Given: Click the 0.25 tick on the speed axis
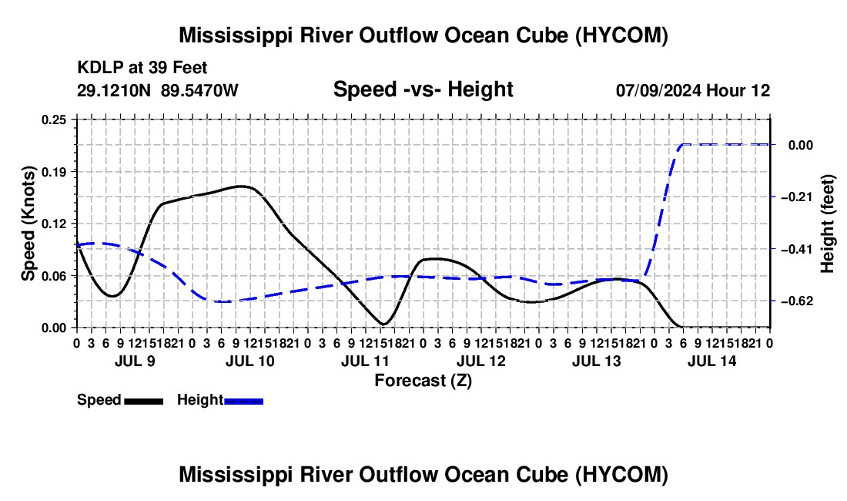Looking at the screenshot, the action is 53,119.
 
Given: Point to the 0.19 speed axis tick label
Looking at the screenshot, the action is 53,172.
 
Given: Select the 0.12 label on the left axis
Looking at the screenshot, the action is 53,224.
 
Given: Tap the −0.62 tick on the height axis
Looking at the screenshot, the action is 797,301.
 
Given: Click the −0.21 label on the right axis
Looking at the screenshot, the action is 797,197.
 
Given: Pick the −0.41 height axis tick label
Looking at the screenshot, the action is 797,249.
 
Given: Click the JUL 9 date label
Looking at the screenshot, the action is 135,361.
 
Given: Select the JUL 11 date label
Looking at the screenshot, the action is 365,361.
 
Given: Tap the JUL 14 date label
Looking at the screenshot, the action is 712,361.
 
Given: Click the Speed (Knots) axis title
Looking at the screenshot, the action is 28,224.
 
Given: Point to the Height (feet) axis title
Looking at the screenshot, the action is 828,224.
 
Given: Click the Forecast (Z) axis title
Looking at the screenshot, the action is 423,381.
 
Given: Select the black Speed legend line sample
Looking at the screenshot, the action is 144,401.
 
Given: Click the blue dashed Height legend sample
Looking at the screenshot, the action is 243,401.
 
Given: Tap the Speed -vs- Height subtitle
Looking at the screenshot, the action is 423,89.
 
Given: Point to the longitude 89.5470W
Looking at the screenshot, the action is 199,90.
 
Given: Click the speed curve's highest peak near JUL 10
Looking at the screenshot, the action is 243,186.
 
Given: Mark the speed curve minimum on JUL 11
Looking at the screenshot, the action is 383,324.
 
